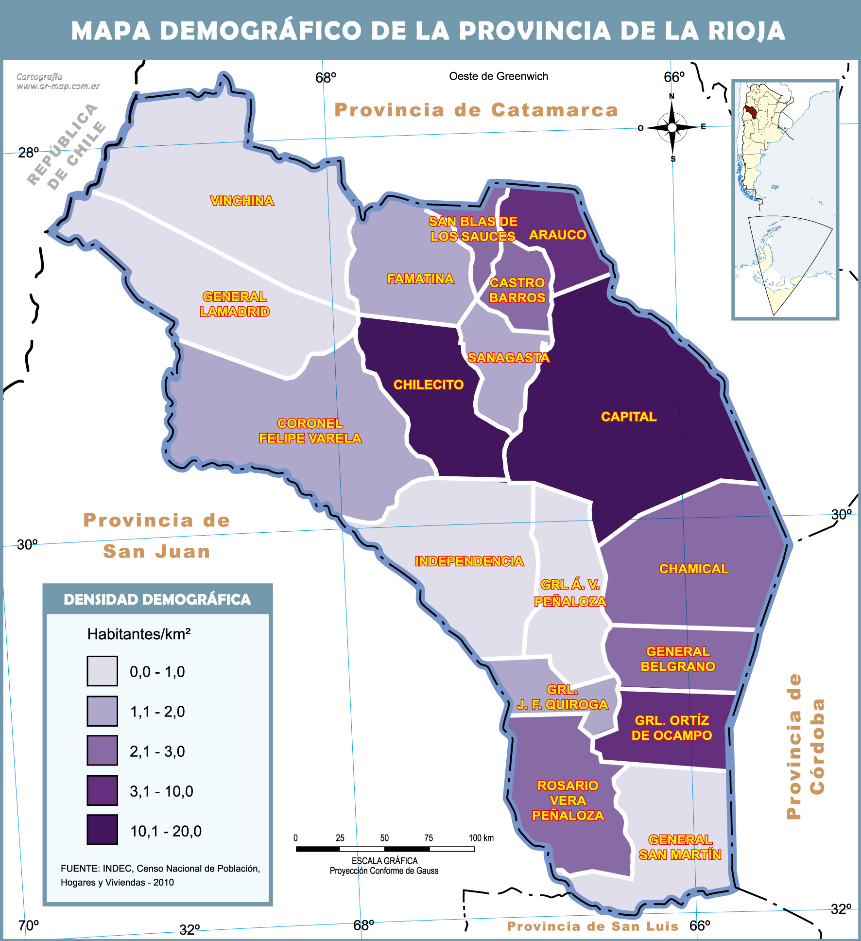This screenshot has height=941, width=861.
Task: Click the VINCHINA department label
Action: pyautogui.click(x=241, y=201)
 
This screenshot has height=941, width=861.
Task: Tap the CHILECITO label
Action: pyautogui.click(x=428, y=384)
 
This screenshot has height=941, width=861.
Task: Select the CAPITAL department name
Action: pyautogui.click(x=628, y=417)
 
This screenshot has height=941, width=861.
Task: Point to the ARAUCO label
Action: pyautogui.click(x=557, y=235)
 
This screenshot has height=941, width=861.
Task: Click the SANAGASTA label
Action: pyautogui.click(x=508, y=358)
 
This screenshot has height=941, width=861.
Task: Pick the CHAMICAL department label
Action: pyautogui.click(x=693, y=569)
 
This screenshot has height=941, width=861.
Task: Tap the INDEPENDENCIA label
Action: pyautogui.click(x=469, y=561)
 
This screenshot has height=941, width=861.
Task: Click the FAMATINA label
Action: pyautogui.click(x=420, y=279)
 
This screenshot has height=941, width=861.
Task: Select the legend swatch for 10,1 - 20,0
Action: pyautogui.click(x=102, y=830)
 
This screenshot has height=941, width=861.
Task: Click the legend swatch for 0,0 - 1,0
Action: pyautogui.click(x=102, y=671)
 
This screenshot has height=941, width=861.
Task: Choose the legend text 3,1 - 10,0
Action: pyautogui.click(x=161, y=791)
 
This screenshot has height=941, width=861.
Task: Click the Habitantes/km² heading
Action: pyautogui.click(x=138, y=634)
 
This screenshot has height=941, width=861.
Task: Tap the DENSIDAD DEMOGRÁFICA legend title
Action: pyautogui.click(x=157, y=599)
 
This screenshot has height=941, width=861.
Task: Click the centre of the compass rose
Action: pyautogui.click(x=672, y=128)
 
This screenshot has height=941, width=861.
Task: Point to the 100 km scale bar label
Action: pyautogui.click(x=481, y=838)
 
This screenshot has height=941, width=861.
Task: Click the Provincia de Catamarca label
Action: pyautogui.click(x=476, y=110)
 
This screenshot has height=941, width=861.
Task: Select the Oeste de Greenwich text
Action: pyautogui.click(x=498, y=76)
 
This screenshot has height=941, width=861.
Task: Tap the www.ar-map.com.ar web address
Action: pyautogui.click(x=58, y=86)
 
